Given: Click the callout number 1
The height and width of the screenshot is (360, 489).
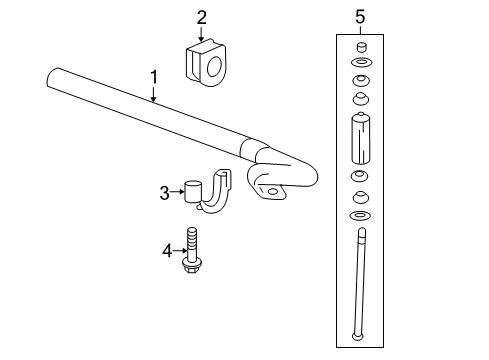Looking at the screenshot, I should [153, 75].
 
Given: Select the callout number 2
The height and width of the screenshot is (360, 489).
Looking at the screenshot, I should [201, 16].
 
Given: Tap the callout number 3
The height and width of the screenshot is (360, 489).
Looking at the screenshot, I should [165, 193].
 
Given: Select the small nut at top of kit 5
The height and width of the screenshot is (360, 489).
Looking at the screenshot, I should [360, 46].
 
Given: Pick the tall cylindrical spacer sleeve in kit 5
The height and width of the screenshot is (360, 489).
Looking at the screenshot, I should [360, 140].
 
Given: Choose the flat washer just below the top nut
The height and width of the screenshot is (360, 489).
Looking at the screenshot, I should [360, 62].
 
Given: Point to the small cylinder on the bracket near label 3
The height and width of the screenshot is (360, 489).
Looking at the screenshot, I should [195, 191].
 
